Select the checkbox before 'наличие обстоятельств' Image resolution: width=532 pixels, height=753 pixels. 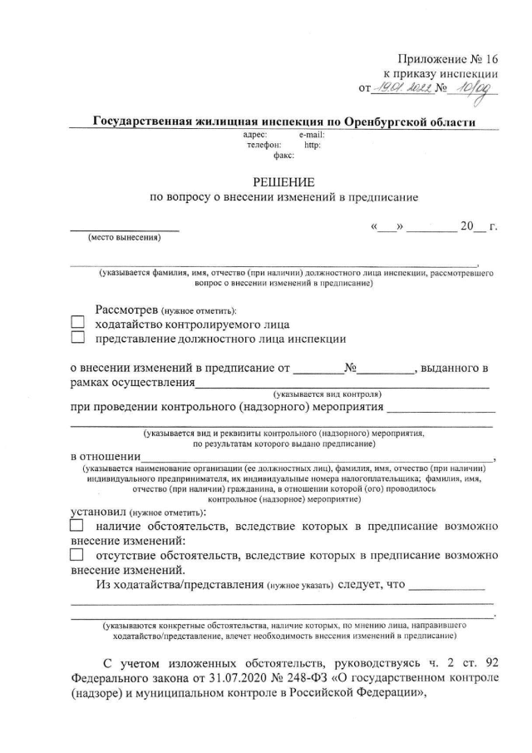coord(76,526)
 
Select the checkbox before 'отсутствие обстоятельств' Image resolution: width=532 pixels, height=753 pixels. coord(76,555)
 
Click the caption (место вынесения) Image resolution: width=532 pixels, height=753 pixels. coord(124,238)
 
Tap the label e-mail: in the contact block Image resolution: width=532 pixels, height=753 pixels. coord(311,134)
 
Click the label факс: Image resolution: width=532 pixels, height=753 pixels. coord(272,155)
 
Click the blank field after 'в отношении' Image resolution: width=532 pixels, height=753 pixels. coord(316,457)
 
